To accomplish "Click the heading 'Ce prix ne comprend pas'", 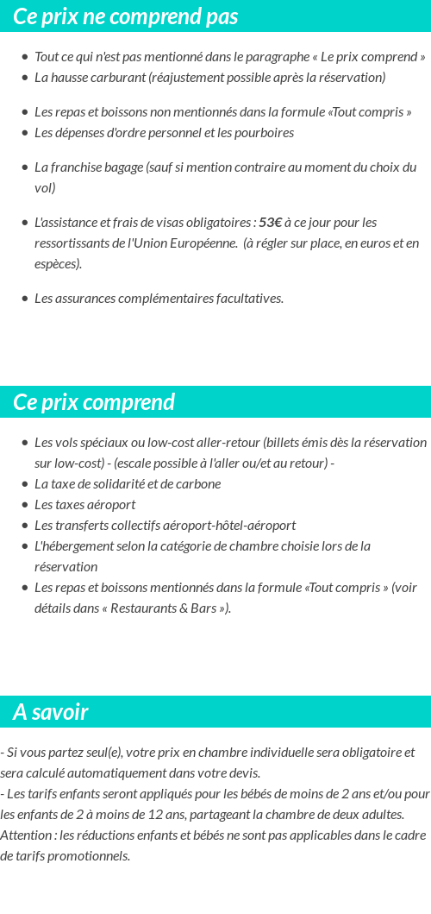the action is point(126,16).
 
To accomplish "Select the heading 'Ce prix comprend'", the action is point(94,402).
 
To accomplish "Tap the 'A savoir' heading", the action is point(51,712).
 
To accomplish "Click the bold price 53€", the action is point(270,223).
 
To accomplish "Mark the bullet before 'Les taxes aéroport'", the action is point(25,506).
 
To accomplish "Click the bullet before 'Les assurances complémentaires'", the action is point(25,299).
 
